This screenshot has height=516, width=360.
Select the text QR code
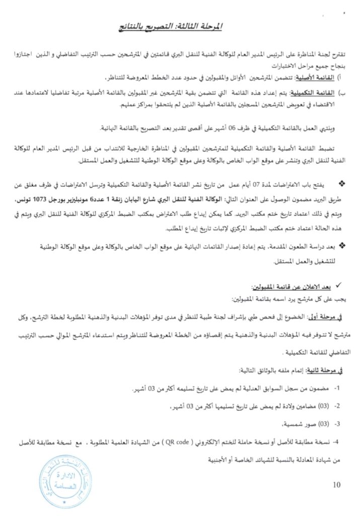179,442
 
